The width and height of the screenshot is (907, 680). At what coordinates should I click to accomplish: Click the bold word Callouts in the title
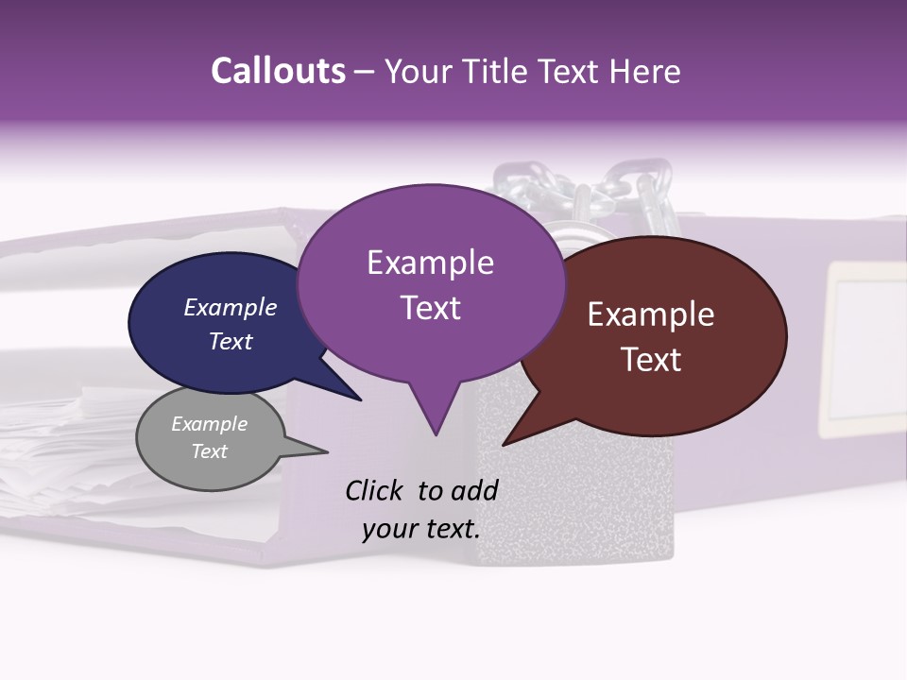click(x=278, y=71)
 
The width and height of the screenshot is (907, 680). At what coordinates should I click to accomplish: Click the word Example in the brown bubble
click(x=651, y=314)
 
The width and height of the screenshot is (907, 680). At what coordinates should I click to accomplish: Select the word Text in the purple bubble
click(x=430, y=308)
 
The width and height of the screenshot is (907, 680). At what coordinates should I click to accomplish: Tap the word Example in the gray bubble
click(x=209, y=424)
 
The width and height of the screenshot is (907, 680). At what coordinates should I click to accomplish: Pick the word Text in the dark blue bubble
click(x=231, y=341)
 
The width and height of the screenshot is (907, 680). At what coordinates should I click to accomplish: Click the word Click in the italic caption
click(x=375, y=490)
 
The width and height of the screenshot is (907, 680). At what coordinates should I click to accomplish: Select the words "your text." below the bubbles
click(x=420, y=529)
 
